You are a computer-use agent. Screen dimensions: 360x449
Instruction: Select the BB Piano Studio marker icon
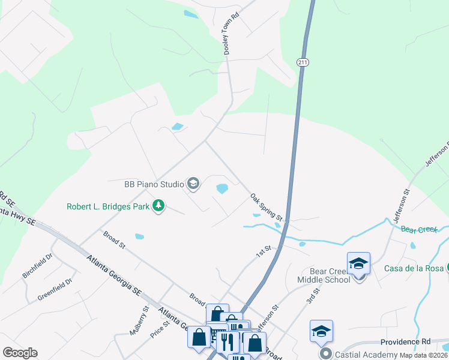click(193, 184)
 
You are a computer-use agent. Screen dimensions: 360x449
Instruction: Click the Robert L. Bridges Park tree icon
click(158, 206)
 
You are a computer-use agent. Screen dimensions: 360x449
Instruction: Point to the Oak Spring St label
click(266, 205)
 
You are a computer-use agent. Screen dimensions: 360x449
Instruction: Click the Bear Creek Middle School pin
click(358, 263)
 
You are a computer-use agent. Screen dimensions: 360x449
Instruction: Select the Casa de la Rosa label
click(414, 268)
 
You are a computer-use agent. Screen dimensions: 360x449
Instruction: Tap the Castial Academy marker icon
click(326, 353)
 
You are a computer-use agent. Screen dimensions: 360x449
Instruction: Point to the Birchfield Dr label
click(38, 265)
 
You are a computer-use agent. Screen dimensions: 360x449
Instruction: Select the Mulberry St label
click(138, 320)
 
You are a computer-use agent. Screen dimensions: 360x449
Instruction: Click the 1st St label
click(264, 251)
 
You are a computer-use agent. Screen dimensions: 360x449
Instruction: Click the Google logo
click(20, 353)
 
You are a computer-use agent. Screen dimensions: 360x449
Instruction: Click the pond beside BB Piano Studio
click(222, 189)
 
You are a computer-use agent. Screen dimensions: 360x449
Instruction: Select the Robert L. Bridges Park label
click(108, 207)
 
